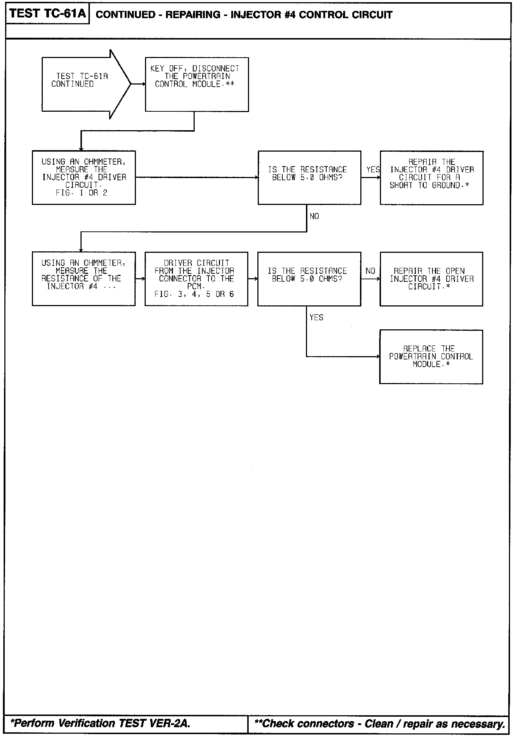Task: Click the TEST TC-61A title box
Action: click(47, 14)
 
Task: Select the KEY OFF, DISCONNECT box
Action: click(197, 84)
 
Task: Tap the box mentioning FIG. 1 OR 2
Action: click(84, 177)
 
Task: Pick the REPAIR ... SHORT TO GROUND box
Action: click(431, 177)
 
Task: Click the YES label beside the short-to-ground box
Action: click(373, 170)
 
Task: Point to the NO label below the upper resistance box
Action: click(314, 217)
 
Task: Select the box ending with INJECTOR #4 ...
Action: click(83, 279)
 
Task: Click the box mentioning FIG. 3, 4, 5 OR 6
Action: click(196, 279)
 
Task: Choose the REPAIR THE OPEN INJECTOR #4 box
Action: click(431, 279)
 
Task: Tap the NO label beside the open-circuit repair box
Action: click(370, 271)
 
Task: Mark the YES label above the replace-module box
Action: click(316, 318)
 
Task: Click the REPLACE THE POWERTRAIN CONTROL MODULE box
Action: click(431, 357)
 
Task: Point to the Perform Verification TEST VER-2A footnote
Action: click(101, 723)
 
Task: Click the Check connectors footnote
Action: click(380, 724)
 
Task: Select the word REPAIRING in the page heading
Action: click(193, 15)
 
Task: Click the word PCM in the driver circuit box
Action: click(196, 287)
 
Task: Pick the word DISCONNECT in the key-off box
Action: click(216, 69)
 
